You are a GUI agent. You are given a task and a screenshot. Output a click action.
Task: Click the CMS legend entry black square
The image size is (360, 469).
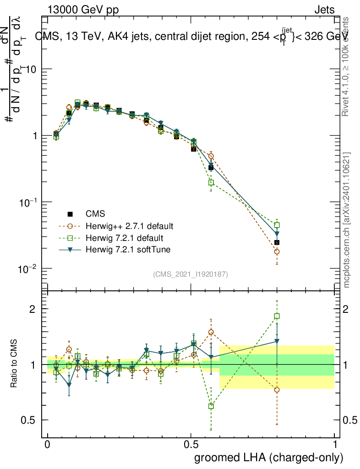click(70, 213)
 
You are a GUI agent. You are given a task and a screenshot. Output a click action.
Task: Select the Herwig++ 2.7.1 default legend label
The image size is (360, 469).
click(129, 226)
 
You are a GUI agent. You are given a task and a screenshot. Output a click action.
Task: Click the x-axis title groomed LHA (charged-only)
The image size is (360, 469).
click(269, 457)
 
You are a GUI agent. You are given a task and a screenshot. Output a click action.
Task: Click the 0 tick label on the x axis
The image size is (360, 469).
click(47, 444)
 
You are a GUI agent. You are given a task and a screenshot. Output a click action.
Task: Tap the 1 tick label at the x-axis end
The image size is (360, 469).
click(334, 444)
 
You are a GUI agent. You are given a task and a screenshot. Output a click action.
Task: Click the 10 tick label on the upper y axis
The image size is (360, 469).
click(30, 69)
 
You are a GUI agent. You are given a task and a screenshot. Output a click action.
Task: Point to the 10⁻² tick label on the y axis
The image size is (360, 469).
click(27, 268)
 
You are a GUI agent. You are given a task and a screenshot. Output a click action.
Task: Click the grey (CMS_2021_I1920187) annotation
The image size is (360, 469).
click(190, 274)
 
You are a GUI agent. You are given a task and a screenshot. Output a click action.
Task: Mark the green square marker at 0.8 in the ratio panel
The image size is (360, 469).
click(277, 316)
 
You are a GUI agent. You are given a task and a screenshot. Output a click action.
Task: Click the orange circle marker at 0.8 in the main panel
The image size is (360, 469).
click(277, 251)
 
